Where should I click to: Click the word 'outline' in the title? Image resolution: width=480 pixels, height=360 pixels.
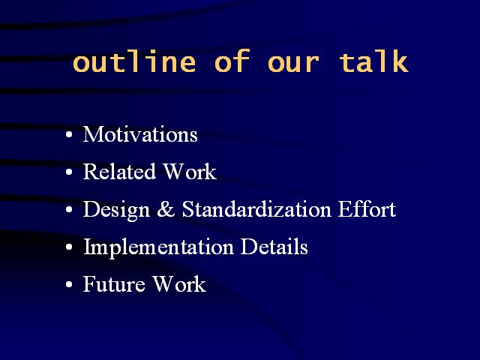tap(134, 61)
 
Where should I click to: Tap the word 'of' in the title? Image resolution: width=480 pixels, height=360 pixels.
tap(232, 61)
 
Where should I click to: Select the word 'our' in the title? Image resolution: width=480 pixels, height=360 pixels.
tap(293, 64)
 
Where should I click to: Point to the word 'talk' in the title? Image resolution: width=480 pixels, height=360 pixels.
tap(373, 61)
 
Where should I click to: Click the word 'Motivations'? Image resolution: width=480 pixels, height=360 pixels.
tap(140, 134)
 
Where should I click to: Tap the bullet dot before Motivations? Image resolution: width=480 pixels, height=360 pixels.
tap(69, 135)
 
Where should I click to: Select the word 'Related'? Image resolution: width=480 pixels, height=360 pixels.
tap(119, 171)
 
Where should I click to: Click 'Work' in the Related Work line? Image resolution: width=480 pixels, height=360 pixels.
tap(190, 171)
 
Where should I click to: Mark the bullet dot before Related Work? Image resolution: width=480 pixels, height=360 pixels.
tap(69, 172)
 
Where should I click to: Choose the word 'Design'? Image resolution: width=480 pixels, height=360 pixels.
tap(117, 210)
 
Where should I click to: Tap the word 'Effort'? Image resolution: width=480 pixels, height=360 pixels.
tap(367, 208)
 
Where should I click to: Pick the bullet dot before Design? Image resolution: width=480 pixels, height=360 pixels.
tap(69, 210)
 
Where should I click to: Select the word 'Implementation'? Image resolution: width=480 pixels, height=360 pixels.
tap(158, 247)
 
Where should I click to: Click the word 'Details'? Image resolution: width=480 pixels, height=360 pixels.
tap(274, 246)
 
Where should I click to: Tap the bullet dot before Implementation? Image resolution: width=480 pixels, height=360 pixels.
tap(69, 247)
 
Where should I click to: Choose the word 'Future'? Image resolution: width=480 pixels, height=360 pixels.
tap(114, 283)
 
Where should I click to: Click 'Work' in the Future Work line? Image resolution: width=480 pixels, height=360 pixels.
tap(179, 283)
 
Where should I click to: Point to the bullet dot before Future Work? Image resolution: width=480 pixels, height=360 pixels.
tap(69, 284)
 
